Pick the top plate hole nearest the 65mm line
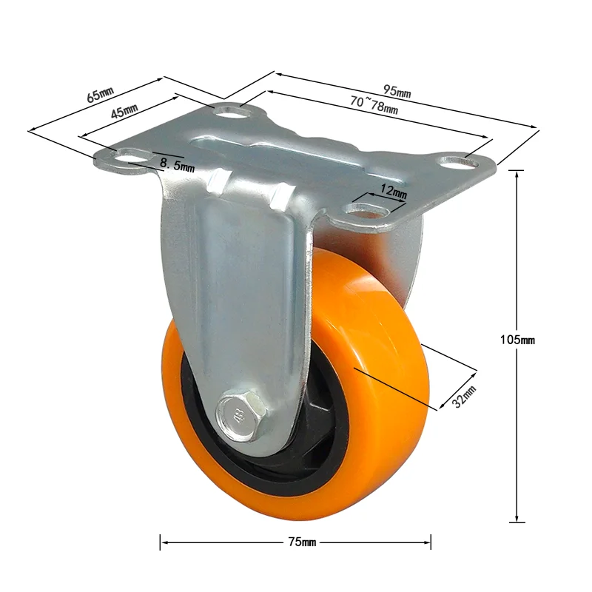pyautogui.click(x=233, y=112)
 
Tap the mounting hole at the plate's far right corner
pyautogui.click(x=456, y=160)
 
